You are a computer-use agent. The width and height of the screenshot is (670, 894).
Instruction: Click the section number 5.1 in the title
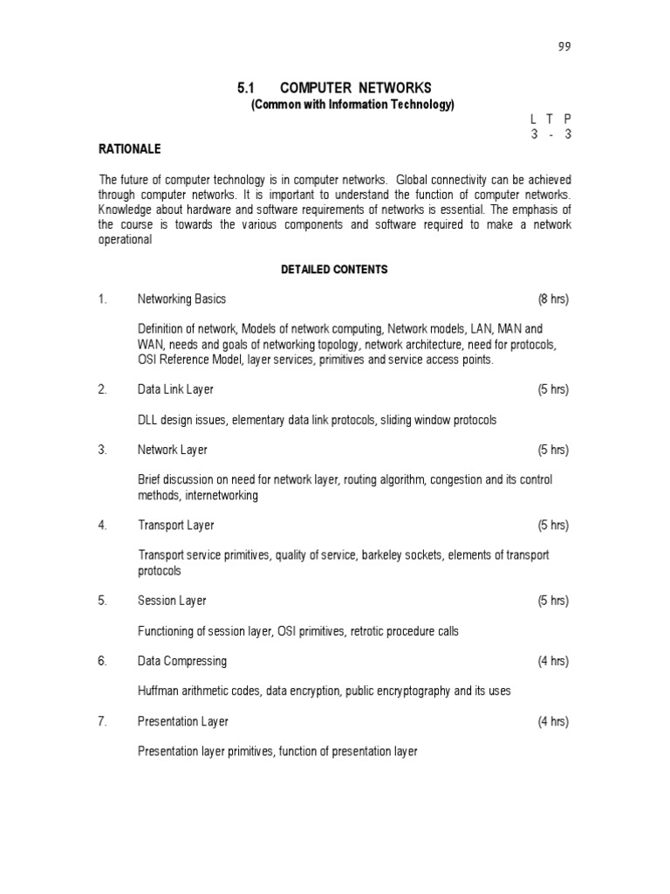[x=244, y=88]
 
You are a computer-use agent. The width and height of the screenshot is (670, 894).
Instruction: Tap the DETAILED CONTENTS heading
[x=334, y=270]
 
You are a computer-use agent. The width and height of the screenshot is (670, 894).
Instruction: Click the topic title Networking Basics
[x=181, y=299]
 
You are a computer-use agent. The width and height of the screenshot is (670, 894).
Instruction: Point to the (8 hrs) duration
[x=553, y=299]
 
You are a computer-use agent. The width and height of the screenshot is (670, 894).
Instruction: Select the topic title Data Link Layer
[x=175, y=389]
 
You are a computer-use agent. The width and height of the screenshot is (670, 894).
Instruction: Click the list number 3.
[x=102, y=450]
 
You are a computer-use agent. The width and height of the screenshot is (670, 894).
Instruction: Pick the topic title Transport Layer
[x=175, y=526]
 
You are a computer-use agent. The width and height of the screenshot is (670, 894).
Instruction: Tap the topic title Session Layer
[x=172, y=601]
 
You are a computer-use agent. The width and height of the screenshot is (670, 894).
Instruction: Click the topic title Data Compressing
[x=182, y=661]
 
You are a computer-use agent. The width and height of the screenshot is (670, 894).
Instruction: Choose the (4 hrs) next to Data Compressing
[x=553, y=661]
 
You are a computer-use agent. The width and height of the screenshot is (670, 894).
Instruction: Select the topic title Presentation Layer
[x=183, y=722]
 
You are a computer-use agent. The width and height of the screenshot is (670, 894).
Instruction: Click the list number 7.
[x=102, y=722]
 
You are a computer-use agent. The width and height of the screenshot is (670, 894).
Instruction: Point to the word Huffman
[x=158, y=691]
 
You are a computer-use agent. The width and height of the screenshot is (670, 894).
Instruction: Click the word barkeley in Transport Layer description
[x=375, y=555]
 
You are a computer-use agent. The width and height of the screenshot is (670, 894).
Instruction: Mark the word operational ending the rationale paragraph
[x=125, y=240]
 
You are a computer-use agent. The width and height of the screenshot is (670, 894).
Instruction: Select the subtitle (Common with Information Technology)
[x=352, y=105]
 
